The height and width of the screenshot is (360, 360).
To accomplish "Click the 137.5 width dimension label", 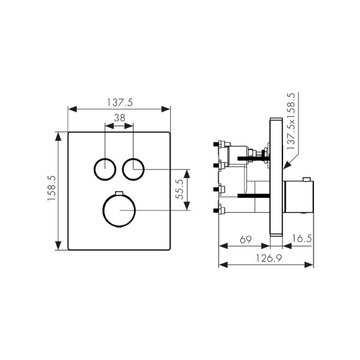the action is [x=120, y=102].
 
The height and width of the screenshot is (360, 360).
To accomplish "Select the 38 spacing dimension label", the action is [x=120, y=118].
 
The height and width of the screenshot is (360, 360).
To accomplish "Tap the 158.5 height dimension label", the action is [x=52, y=188].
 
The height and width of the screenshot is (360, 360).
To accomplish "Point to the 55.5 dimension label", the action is [x=179, y=189].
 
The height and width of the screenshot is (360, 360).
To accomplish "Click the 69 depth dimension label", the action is [x=245, y=240].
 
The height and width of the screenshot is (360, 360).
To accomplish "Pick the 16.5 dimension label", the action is [x=302, y=238].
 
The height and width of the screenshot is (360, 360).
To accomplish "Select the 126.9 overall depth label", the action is [x=269, y=259].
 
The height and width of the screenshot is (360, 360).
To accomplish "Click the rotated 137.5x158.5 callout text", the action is [x=290, y=121].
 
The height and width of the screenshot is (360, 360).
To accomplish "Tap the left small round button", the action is [x=105, y=169].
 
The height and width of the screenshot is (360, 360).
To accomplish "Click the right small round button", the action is [x=133, y=169].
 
